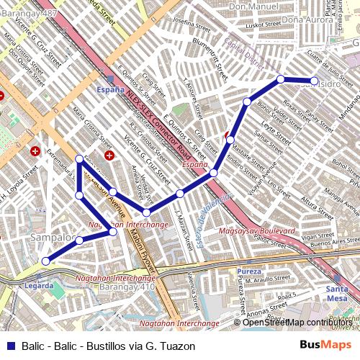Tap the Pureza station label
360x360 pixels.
pyautogui.click(x=248, y=271)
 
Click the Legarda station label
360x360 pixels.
pyautogui.click(x=38, y=285)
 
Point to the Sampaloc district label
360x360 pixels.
pyautogui.click(x=54, y=237)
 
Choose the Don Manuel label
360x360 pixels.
pyautogui.click(x=253, y=6)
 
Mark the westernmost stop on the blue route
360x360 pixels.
pyautogui.click(x=45, y=261)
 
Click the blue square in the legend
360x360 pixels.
pyautogui.click(x=11, y=346)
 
